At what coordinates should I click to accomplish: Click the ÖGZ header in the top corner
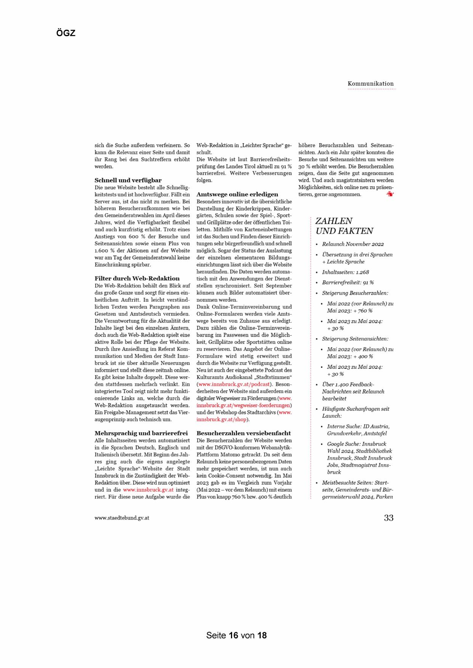coord(66,33)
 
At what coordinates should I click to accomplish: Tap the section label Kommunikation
coord(370,84)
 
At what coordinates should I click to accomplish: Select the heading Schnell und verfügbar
coord(128,180)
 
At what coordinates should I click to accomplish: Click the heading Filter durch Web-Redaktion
coord(137,278)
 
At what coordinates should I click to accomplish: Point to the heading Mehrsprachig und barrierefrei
coord(141,433)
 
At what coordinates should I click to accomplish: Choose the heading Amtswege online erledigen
coord(237,194)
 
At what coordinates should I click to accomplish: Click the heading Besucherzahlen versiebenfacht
coord(244,433)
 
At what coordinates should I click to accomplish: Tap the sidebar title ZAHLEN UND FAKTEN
coord(344,226)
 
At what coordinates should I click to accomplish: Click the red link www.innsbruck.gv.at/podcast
coord(234,384)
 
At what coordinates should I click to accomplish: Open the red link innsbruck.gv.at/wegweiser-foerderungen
coord(243,405)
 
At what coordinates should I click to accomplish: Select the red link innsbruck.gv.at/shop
coord(221,419)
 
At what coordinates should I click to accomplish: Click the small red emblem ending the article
coord(390,194)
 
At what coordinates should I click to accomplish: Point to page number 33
coord(388,518)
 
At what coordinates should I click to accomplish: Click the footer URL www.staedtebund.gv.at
coord(122,518)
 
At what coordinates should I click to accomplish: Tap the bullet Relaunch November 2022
coord(353,244)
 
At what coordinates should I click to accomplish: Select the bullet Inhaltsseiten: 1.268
coord(345,272)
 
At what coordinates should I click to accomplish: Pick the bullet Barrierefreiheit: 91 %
coord(348,283)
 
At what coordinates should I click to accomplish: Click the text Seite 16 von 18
coord(236,635)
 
